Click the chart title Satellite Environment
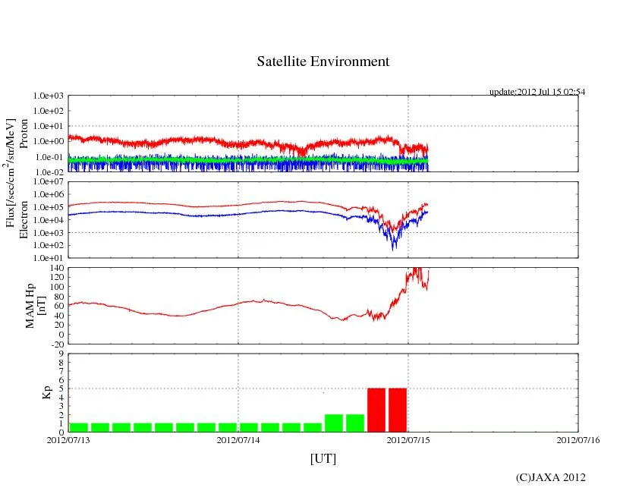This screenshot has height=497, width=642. tap(323, 61)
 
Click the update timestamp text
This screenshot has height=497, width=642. tap(537, 92)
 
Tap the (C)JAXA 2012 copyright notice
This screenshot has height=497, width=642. tap(550, 477)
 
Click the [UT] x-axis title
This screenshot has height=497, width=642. tap(323, 458)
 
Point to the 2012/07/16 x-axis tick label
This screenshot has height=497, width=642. tap(578, 439)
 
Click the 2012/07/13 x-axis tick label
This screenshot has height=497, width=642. tap(68, 439)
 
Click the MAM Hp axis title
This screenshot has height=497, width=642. tap(31, 300)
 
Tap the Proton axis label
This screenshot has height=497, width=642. tap(24, 134)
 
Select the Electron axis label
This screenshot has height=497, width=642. tap(24, 219)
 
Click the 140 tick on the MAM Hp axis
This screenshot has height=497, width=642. tap(56, 269)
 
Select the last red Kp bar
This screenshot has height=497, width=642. tap(398, 410)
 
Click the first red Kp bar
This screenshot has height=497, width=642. tap(376, 410)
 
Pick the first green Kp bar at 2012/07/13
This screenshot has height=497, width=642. tap(79, 427)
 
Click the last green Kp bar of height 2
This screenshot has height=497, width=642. tap(355, 423)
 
